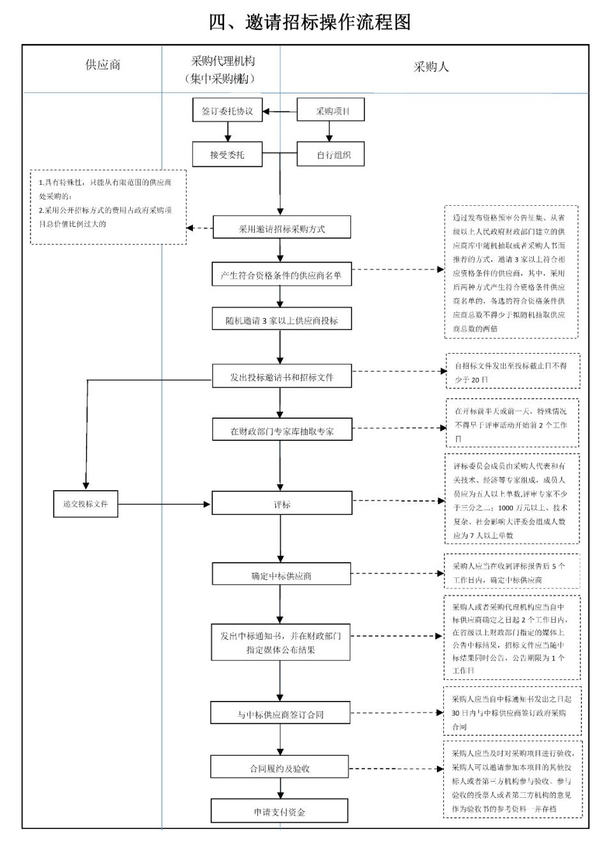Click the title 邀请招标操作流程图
(x=310, y=22)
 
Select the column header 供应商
(x=103, y=65)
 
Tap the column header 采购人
(x=431, y=67)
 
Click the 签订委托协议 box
(x=227, y=111)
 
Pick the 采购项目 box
(x=331, y=111)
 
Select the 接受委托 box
(x=227, y=154)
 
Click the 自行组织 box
(x=331, y=154)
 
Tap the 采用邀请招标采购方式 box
(x=282, y=229)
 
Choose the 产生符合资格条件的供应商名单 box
(x=282, y=275)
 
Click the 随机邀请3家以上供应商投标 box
(x=282, y=320)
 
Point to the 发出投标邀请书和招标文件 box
(x=282, y=377)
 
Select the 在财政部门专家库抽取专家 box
(x=282, y=431)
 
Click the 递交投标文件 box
(x=85, y=504)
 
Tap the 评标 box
(x=282, y=504)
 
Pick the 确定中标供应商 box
(x=282, y=575)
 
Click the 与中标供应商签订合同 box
(x=280, y=714)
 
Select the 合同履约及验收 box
(x=280, y=768)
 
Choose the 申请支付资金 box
(x=280, y=811)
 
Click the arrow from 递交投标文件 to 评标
(x=164, y=505)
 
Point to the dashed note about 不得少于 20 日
(x=513, y=372)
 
